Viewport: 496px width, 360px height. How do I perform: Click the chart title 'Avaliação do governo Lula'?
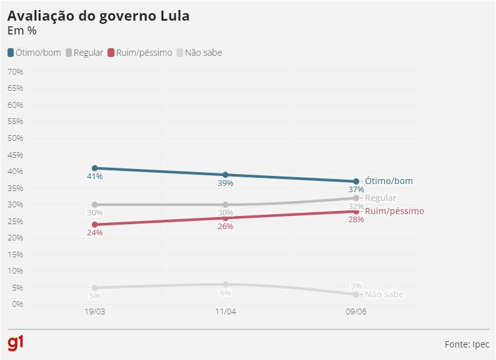point(98,16)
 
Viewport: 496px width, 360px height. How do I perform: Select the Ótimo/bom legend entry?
point(34,53)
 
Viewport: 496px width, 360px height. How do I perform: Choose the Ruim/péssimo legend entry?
point(139,53)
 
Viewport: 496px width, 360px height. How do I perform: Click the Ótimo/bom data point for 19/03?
point(94,168)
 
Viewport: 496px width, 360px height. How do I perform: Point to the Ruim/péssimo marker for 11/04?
point(225,218)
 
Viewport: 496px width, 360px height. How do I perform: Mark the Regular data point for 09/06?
point(356,198)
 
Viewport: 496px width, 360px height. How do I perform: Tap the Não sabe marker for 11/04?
point(225,284)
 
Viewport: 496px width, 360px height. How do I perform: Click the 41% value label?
point(94,177)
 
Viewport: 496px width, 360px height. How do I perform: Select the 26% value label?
point(225,226)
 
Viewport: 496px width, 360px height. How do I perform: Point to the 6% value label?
point(225,292)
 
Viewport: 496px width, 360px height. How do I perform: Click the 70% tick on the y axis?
point(15,71)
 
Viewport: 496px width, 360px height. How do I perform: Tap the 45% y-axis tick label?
point(15,155)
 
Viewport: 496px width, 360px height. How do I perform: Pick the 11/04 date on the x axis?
point(225,312)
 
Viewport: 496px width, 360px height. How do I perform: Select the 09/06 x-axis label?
point(356,312)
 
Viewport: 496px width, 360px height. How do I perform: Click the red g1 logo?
point(16,343)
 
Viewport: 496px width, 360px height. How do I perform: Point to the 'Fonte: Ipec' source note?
point(467,344)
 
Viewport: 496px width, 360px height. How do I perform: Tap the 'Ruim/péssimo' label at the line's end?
point(394,211)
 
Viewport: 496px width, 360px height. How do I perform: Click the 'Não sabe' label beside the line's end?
point(384,294)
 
